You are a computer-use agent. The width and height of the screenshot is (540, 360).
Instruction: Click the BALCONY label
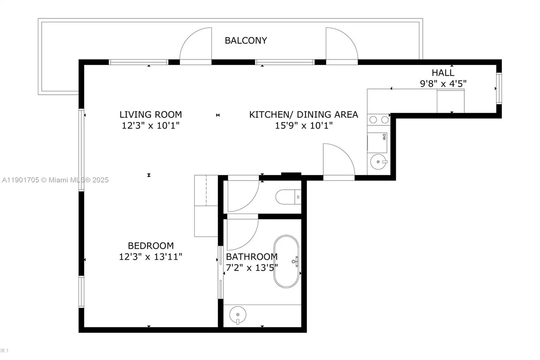pyautogui.click(x=246, y=41)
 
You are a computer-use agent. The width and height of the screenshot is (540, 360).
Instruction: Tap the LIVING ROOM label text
pyautogui.click(x=151, y=114)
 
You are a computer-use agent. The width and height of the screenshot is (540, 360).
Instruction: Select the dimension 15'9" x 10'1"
pyautogui.click(x=304, y=126)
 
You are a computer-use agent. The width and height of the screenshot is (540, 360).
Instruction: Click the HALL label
pyautogui.click(x=443, y=73)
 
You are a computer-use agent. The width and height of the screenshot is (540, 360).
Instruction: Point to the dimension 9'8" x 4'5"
pyautogui.click(x=443, y=83)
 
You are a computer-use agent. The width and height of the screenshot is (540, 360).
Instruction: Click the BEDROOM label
pyautogui.click(x=151, y=246)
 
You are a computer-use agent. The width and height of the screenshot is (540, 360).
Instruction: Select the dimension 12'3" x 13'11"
pyautogui.click(x=151, y=257)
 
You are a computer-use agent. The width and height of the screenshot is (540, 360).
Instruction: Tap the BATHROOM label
pyautogui.click(x=252, y=257)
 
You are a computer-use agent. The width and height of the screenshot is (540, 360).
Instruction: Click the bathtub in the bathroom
pyautogui.click(x=286, y=261)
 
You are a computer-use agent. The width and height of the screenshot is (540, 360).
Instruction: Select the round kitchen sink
pyautogui.click(x=378, y=162)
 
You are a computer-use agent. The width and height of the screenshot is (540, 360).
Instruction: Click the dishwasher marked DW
pyautogui.click(x=377, y=143)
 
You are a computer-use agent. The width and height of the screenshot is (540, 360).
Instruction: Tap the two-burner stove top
pyautogui.click(x=379, y=120)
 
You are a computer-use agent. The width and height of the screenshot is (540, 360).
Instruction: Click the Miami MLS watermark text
pyautogui.click(x=55, y=180)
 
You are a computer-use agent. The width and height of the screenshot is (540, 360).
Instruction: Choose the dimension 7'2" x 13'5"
pyautogui.click(x=252, y=268)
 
